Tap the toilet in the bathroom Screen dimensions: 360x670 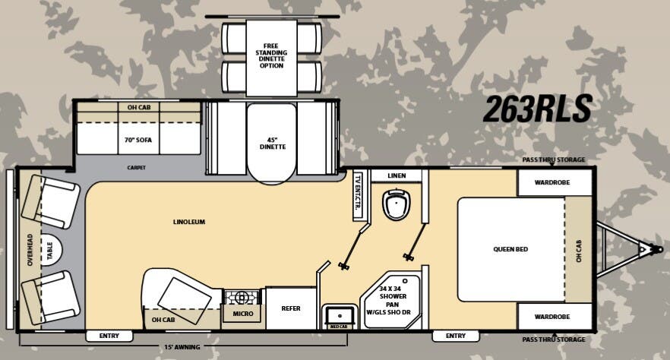pos(396,204)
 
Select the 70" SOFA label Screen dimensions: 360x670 pos(139,140)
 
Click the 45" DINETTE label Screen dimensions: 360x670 pos(272,143)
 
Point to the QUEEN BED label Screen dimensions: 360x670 pos(510,249)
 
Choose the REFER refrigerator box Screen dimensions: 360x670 pos(290,309)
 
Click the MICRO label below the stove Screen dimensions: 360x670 pos(242,313)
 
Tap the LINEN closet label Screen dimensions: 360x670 pos(397,176)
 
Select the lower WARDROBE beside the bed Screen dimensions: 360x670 pos(554,316)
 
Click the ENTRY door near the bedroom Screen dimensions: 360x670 pos(455,336)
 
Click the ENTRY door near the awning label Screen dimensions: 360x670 pos(109,336)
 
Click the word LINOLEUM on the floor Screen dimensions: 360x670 pos(189,222)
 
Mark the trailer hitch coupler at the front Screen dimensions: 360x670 pos(646,249)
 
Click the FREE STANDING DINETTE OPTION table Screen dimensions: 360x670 pos(271,55)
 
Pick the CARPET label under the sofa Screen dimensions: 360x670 pos(137,167)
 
